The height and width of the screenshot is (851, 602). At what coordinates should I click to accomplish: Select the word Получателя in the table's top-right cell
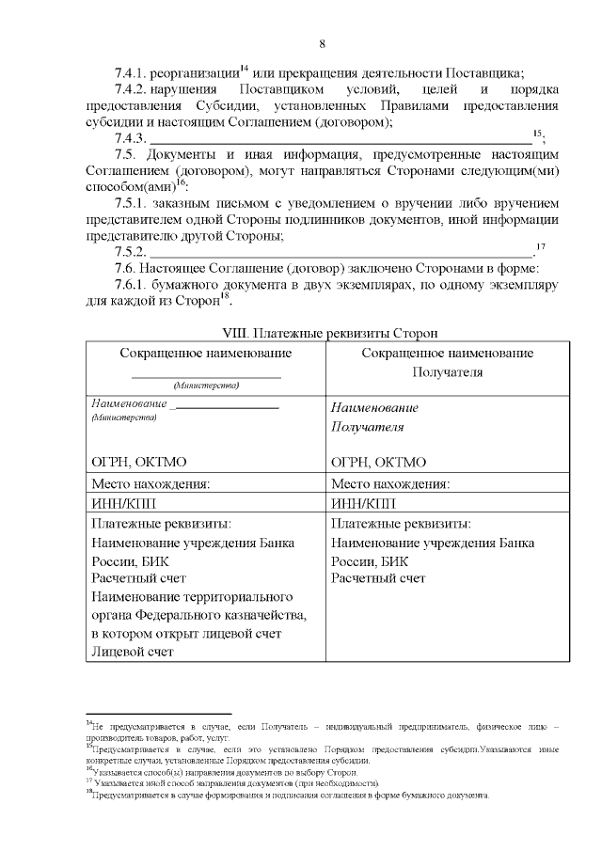point(447,371)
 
